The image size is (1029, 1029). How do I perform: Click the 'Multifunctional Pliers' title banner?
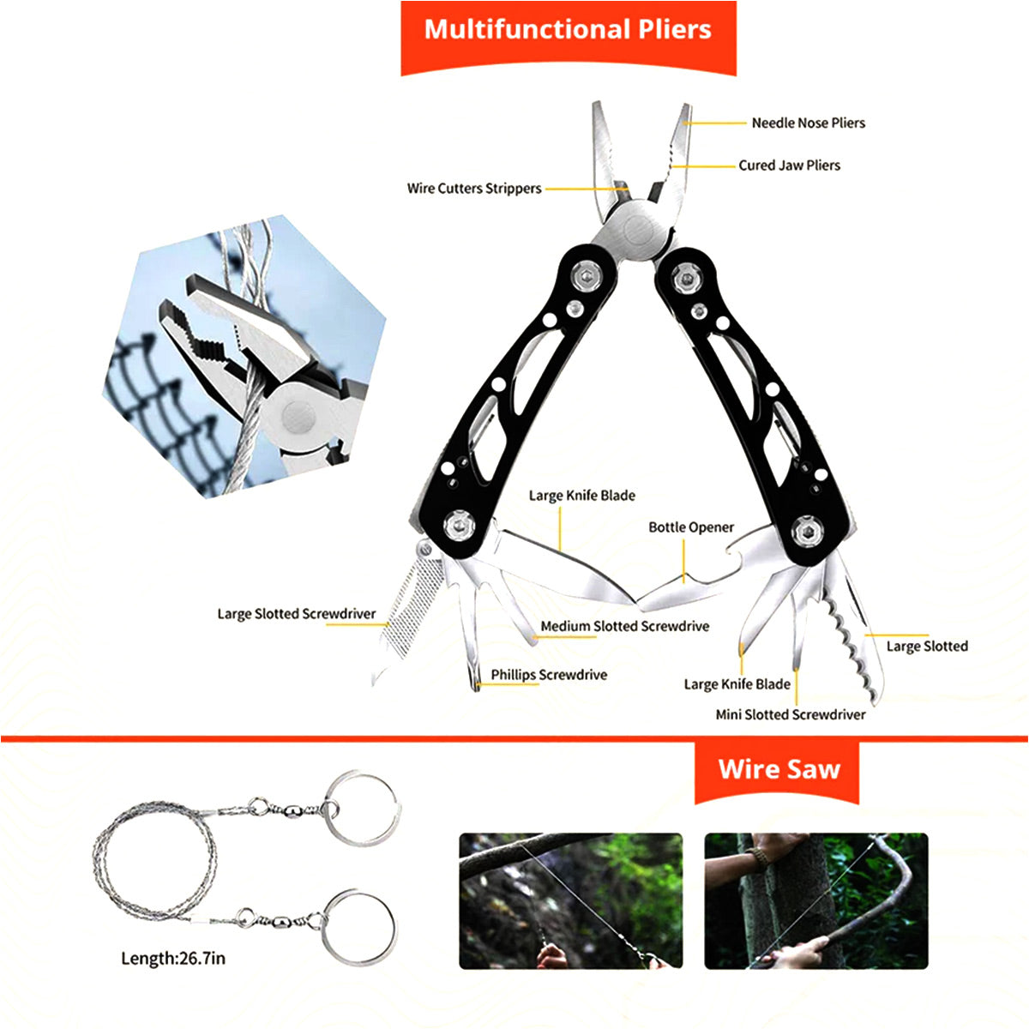[x=568, y=30]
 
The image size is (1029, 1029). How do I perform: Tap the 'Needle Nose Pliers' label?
[x=808, y=123]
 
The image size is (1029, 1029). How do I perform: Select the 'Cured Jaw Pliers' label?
[x=789, y=165]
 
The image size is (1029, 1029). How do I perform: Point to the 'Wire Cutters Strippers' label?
[x=474, y=189]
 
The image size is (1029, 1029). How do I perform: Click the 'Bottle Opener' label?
[x=691, y=527]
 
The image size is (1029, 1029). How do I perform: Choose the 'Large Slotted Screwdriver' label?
[x=296, y=614]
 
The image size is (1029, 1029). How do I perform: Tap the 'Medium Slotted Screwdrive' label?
[x=624, y=627]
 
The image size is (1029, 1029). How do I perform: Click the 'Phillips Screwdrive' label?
[x=549, y=675]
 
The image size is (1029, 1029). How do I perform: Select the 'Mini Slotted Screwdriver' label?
[x=791, y=714]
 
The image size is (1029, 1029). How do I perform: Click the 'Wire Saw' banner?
[x=779, y=768]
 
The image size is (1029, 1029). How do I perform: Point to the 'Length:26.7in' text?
[x=173, y=958]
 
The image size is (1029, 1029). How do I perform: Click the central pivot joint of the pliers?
[x=636, y=230]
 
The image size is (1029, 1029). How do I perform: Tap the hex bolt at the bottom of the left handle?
[x=460, y=526]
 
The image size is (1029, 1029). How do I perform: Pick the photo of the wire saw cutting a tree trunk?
[x=815, y=900]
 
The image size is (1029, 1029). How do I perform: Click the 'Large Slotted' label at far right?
[x=926, y=647]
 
